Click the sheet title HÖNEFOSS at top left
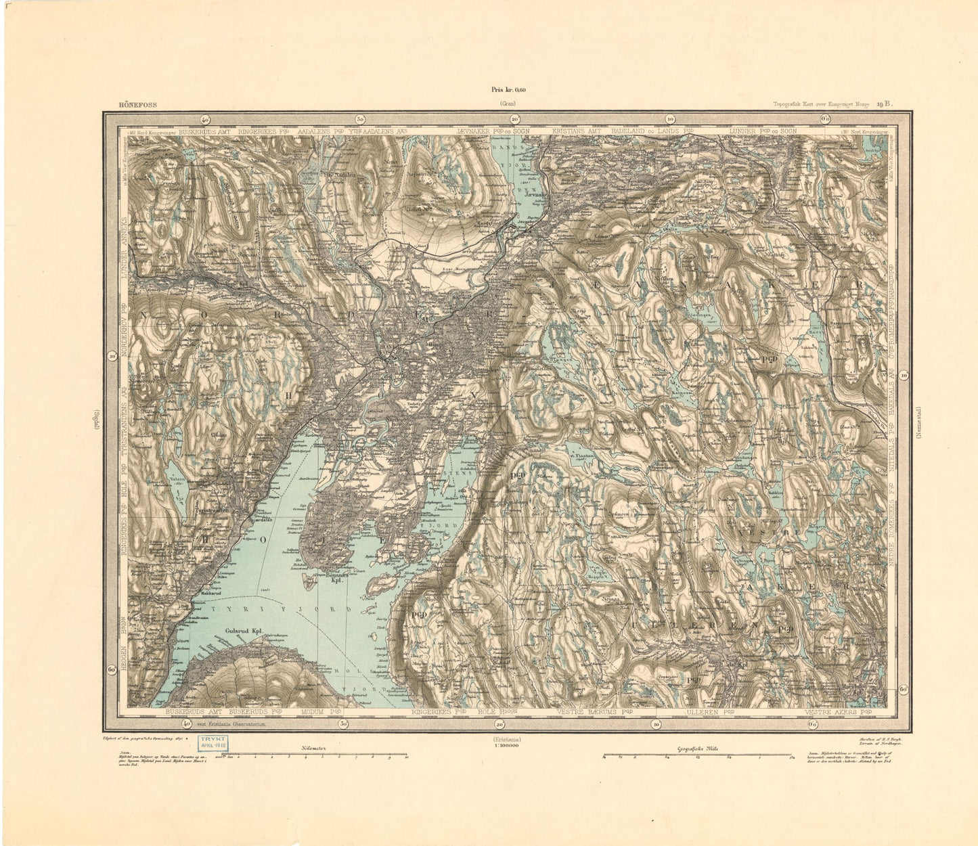point(121,104)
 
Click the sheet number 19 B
point(884,104)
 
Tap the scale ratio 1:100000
point(506,749)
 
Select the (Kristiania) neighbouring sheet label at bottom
point(506,740)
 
